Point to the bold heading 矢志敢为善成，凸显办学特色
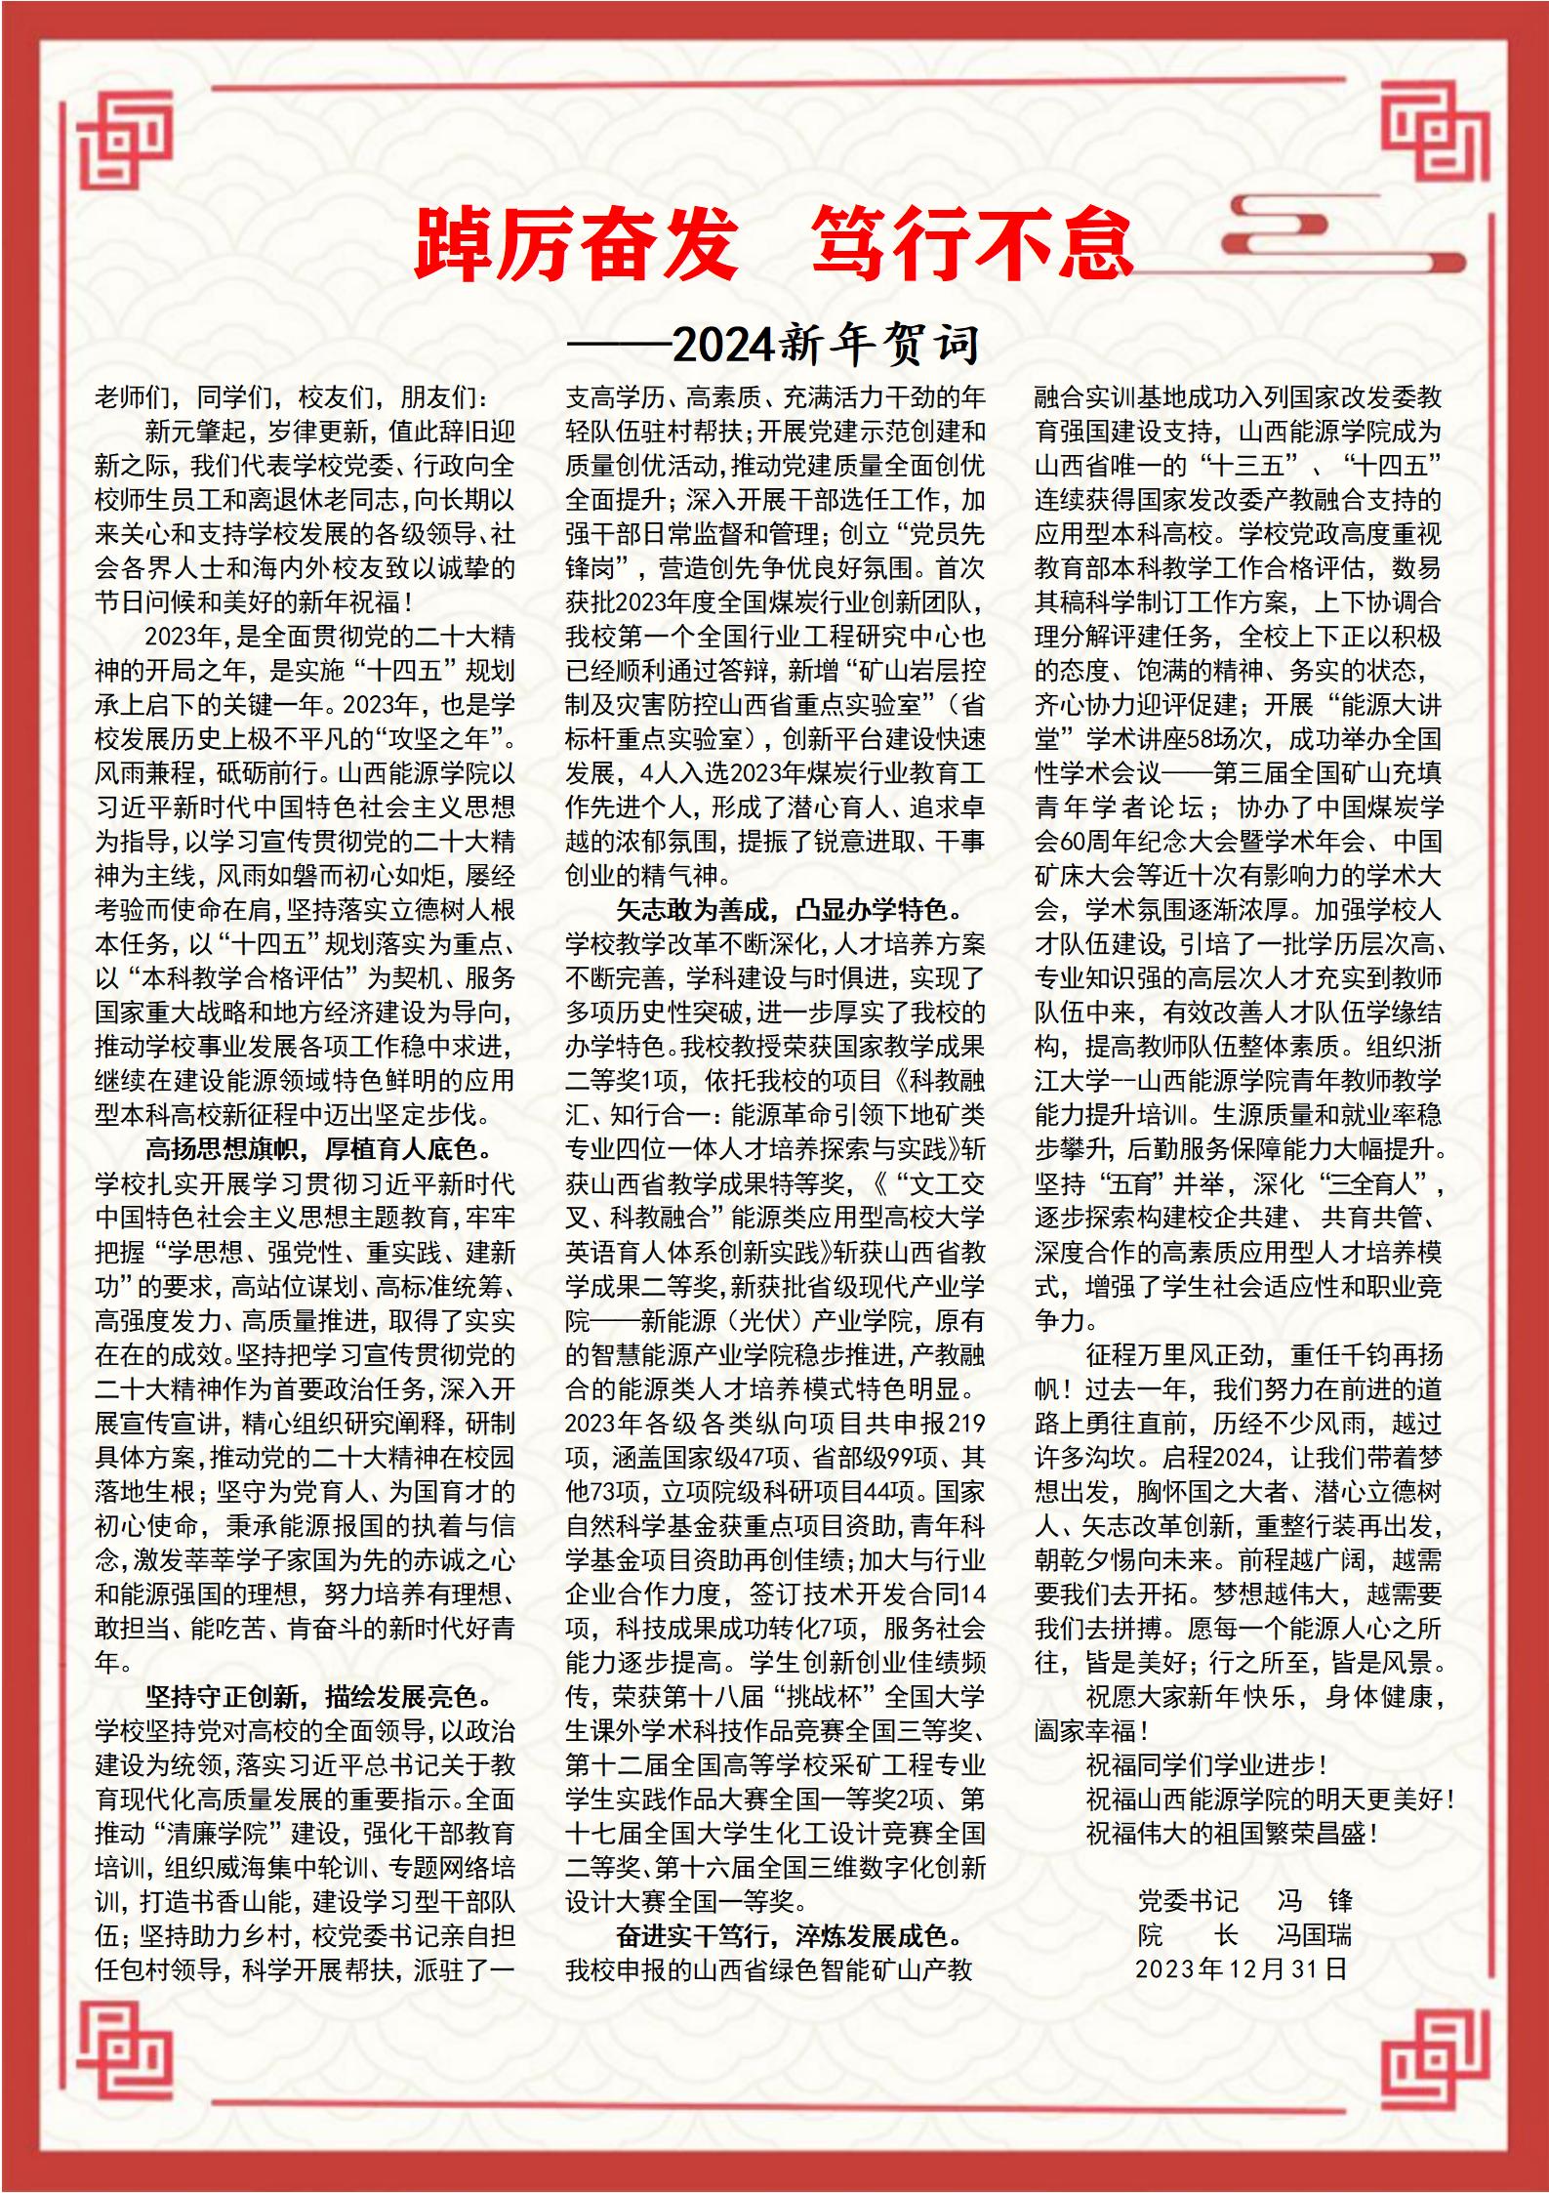click(790, 910)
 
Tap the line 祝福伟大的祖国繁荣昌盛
click(1232, 1833)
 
